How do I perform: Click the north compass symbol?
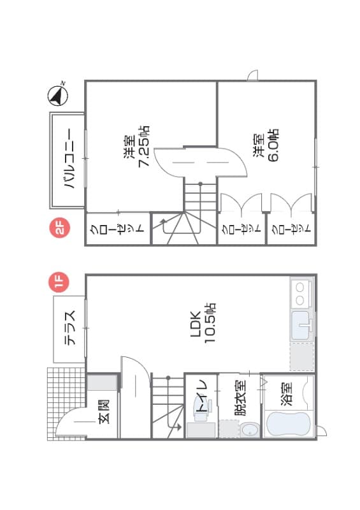pyautogui.click(x=59, y=96)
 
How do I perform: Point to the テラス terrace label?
pyautogui.click(x=69, y=329)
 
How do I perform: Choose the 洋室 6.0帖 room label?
pyautogui.click(x=266, y=147)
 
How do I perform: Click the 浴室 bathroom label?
pyautogui.click(x=287, y=393)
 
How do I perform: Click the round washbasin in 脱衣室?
pyautogui.click(x=250, y=430)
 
